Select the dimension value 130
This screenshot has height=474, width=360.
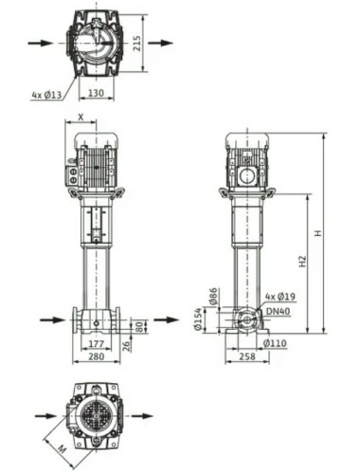click(97, 95)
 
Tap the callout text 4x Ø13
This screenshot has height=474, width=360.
click(45, 95)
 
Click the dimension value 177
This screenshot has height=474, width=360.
click(95, 343)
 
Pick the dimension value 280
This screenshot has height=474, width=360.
click(95, 357)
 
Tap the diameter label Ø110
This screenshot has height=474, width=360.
click(274, 342)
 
